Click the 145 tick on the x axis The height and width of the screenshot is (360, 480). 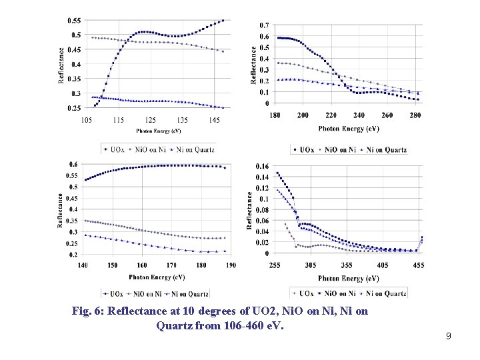tap(213, 120)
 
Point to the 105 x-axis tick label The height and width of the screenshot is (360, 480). tap(86, 120)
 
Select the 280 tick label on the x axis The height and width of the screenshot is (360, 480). tap(415, 115)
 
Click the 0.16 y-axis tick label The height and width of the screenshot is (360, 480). tap(262, 165)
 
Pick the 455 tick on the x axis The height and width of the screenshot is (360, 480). tap(418, 264)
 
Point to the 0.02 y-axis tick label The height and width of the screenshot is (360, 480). tap(262, 243)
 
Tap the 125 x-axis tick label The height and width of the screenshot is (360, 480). tap(150, 120)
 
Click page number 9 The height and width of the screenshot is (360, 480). tap(449, 337)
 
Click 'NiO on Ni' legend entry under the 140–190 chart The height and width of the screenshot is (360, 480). tap(147, 293)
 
